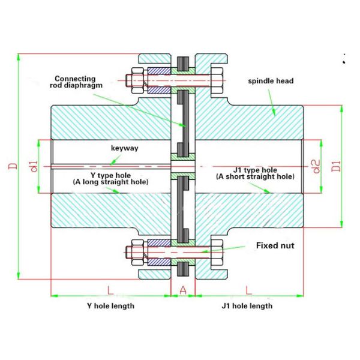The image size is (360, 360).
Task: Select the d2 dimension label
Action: click(316, 166)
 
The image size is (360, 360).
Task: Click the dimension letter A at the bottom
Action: click(183, 290)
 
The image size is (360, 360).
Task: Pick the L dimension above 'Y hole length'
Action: click(110, 290)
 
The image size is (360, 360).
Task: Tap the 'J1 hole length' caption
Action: click(247, 306)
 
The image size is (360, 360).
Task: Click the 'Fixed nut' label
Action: click(274, 245)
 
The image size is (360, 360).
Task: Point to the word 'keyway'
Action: click(125, 148)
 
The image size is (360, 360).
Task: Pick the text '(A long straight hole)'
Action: click(110, 181)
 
